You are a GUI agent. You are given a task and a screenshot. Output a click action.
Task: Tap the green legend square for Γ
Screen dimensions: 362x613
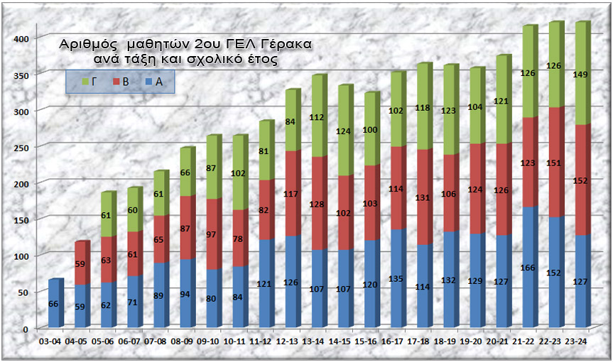pyautogui.click(x=85, y=82)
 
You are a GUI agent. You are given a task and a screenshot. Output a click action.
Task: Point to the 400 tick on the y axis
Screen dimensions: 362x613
pyautogui.click(x=23, y=38)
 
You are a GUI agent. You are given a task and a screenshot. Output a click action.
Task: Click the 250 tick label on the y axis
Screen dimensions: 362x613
pyautogui.click(x=23, y=146)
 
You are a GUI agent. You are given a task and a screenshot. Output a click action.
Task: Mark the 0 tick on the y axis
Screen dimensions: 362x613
pyautogui.click(x=27, y=328)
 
